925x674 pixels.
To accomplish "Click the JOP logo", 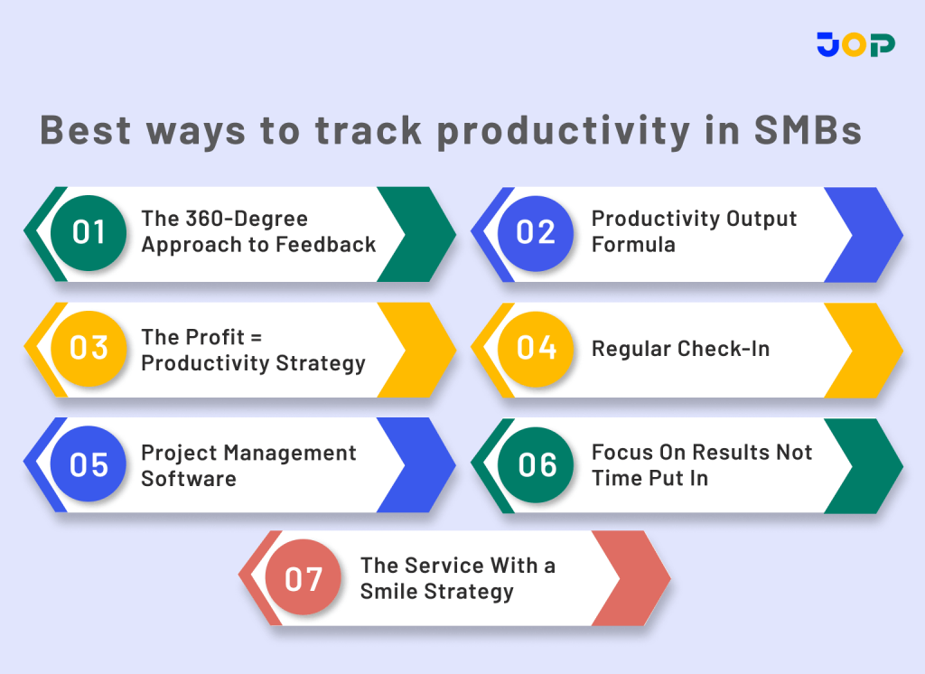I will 855,44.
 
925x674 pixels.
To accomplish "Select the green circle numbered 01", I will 88,233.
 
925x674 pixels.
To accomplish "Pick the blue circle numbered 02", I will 536,233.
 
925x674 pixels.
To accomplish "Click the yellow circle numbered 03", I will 88,348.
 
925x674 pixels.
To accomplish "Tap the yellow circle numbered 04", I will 536,348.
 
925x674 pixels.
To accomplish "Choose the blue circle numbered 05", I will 88,464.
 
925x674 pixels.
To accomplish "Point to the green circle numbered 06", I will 536,464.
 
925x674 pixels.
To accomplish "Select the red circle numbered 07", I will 304,578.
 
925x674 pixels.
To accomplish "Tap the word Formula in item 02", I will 633,245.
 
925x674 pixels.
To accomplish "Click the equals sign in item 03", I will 255,337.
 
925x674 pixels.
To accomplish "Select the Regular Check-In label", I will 680,349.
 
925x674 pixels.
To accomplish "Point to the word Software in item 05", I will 188,479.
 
